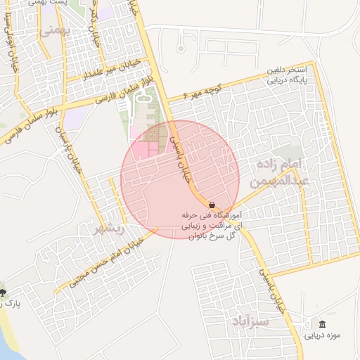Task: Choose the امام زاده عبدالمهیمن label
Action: [x=280, y=172]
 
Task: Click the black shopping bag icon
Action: [x=212, y=204]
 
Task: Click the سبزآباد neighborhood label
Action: [x=250, y=321]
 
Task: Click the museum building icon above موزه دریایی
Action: [x=322, y=324]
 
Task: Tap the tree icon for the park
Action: [x=4, y=291]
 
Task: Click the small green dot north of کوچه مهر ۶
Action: [x=181, y=49]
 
